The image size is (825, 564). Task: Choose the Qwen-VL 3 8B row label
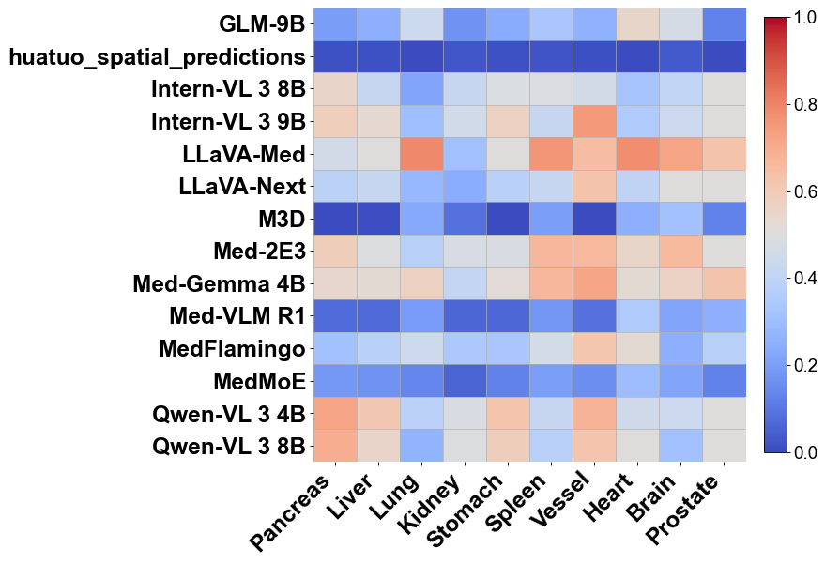229,446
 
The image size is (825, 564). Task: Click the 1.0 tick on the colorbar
804,17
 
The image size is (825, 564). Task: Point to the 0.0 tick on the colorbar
804,453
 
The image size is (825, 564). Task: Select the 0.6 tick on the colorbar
804,191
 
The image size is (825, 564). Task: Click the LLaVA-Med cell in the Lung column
421,154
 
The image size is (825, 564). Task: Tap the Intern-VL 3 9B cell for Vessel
594,121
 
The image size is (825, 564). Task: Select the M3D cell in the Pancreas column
335,218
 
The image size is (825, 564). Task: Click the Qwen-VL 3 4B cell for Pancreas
335,412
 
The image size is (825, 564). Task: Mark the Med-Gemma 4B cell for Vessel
594,282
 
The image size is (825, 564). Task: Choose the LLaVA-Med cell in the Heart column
637,154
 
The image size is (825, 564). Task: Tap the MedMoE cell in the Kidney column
465,380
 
